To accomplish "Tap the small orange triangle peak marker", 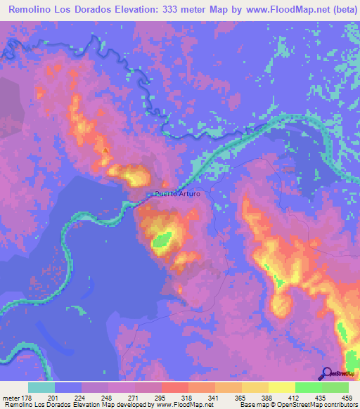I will (105, 150).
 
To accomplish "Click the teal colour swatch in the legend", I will (41, 387).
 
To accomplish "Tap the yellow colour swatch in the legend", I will (282, 387).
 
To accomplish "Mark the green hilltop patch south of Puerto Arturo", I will (162, 241).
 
